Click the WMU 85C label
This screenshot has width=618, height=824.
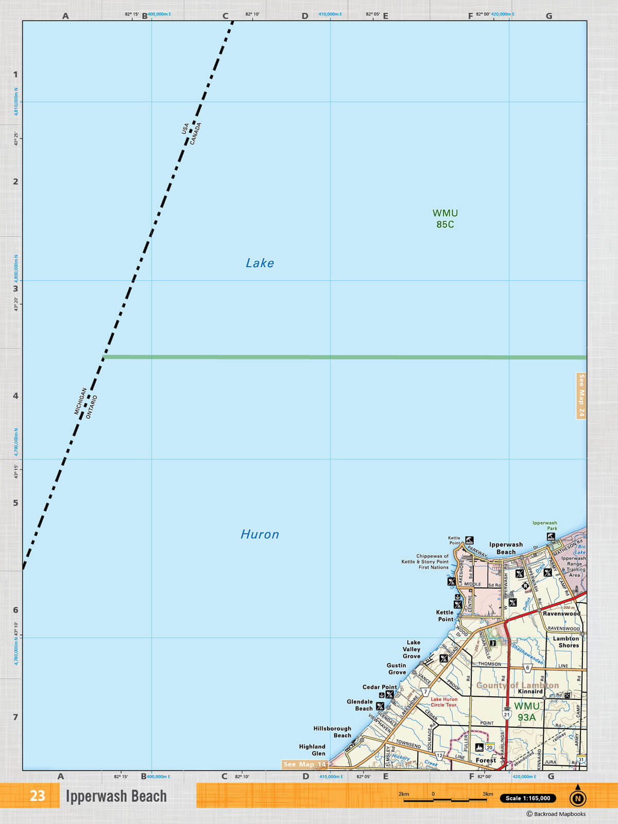click(x=445, y=219)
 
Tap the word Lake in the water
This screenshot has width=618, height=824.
click(x=260, y=263)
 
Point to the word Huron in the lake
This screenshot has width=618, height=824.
click(x=260, y=535)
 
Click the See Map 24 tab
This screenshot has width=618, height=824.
click(x=581, y=396)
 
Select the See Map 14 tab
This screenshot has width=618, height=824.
click(x=305, y=764)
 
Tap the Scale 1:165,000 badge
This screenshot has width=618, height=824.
click(x=527, y=798)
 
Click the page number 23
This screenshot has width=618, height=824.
click(x=37, y=796)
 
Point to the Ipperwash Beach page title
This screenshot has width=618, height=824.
click(x=116, y=796)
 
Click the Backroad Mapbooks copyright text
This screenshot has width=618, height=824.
click(x=556, y=814)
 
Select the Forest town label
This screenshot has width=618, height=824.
click(x=486, y=760)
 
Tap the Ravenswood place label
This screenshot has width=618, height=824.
click(x=561, y=613)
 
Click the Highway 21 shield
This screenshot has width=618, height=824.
click(x=507, y=715)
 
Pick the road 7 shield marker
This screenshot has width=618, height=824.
click(x=426, y=692)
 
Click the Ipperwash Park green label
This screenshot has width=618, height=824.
click(x=545, y=525)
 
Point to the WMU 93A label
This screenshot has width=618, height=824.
click(x=526, y=712)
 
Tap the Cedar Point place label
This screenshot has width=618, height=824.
click(x=380, y=687)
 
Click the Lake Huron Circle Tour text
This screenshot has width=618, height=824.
click(x=444, y=702)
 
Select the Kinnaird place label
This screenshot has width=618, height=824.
click(x=530, y=692)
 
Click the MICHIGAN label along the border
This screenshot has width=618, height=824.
click(x=80, y=401)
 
